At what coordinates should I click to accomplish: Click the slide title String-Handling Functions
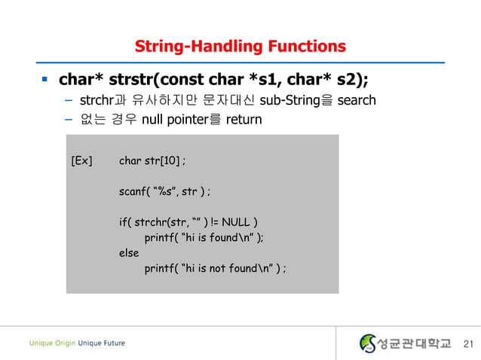point(240,47)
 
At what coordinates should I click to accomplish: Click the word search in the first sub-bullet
point(356,100)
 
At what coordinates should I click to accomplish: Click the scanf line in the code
point(164,191)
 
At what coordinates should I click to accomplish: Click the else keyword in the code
point(129,253)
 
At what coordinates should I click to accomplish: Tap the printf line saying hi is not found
point(215,269)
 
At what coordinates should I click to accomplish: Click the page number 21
point(467,344)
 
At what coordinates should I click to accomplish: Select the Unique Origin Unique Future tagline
point(77,343)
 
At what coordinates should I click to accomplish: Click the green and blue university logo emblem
point(369,343)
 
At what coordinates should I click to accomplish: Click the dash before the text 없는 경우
point(68,120)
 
